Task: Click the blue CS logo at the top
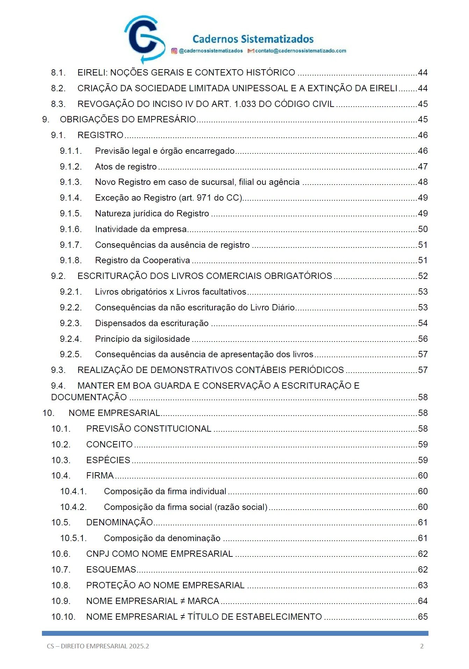144,39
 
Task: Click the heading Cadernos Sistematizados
253,39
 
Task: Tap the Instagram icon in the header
174,51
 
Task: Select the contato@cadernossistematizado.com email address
300,51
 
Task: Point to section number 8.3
58,104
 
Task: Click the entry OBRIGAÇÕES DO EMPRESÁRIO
128,120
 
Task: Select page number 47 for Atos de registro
423,167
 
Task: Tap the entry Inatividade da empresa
140,229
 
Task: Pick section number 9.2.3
71,323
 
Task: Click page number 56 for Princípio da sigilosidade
423,339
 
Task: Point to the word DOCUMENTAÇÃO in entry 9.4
89,397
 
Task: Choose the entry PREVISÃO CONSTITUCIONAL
149,429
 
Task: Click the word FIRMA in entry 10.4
100,476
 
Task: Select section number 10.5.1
73,538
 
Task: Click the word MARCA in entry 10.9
203,601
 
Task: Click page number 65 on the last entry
423,617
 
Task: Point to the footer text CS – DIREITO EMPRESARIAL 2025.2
98,646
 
